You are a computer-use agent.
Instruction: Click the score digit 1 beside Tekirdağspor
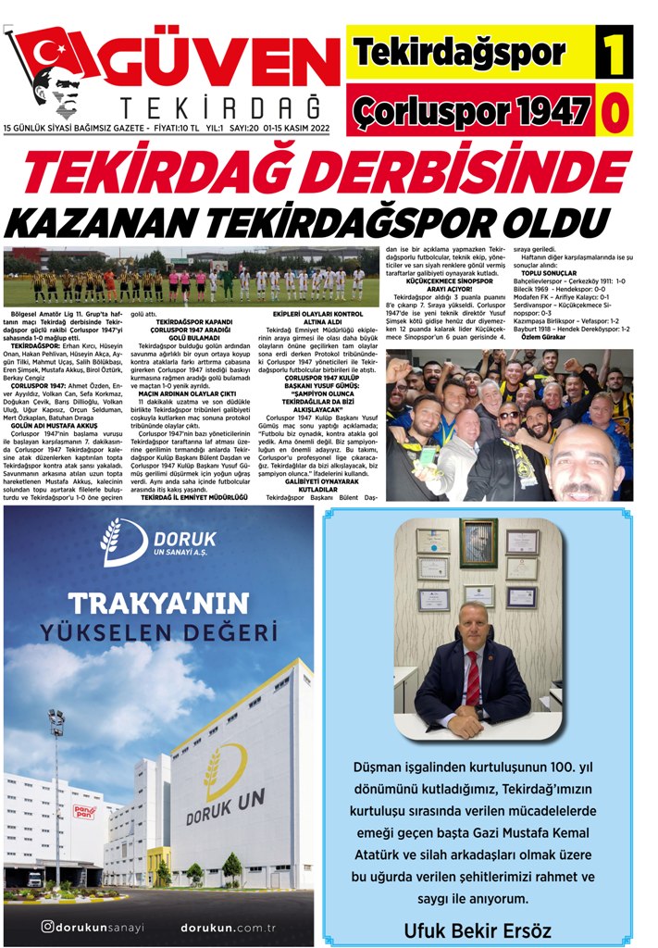[x=614, y=54]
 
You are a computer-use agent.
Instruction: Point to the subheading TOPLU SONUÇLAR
[x=549, y=273]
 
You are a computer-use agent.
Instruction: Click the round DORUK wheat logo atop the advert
[x=124, y=543]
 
